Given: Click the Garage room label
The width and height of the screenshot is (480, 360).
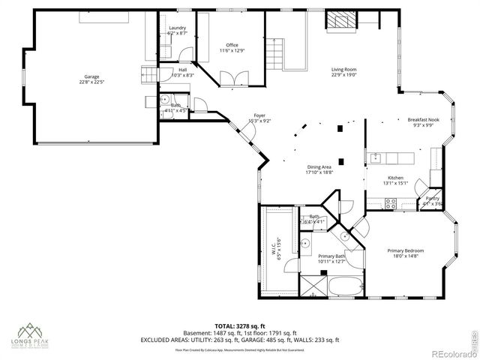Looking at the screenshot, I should [x=91, y=80].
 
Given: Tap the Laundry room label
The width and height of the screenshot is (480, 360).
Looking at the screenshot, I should [x=176, y=31].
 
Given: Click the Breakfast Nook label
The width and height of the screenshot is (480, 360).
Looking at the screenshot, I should [x=422, y=122].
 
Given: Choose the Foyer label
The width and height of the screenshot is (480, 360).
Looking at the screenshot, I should [x=259, y=118].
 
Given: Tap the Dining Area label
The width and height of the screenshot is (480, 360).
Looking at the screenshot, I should [x=319, y=169].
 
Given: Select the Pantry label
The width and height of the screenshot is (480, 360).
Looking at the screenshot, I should [x=433, y=201].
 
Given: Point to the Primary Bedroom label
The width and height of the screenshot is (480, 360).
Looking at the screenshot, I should [x=406, y=253].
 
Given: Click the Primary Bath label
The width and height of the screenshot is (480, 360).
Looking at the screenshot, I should [x=331, y=259].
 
